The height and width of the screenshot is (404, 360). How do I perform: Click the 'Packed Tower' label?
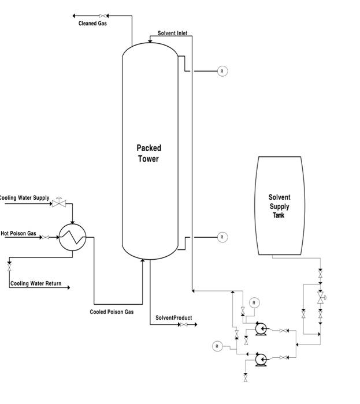coord(149,154)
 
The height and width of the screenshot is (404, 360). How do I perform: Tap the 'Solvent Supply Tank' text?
coord(279,206)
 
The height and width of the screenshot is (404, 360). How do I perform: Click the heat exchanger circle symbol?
coord(72,237)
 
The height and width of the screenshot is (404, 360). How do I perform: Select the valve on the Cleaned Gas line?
coord(102,16)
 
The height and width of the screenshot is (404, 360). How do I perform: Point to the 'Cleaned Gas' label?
coord(92,24)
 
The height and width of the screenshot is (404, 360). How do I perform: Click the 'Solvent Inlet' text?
coord(172,33)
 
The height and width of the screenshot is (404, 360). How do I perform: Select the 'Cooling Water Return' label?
coord(36,283)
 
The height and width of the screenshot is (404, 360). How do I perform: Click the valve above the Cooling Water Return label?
coord(9,268)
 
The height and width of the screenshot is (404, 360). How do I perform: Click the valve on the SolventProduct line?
coord(183,325)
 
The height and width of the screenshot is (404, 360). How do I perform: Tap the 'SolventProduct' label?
coord(173,318)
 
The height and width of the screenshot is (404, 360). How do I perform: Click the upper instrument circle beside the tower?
coord(222,71)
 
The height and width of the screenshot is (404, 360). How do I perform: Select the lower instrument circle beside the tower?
coord(222,237)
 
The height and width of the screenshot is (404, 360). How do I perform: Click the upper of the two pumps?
coord(261,330)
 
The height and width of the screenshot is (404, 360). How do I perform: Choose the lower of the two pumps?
coord(261,360)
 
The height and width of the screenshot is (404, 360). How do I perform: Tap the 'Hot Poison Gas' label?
coord(18,234)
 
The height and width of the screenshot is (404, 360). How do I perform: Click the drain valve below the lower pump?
coord(246,378)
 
